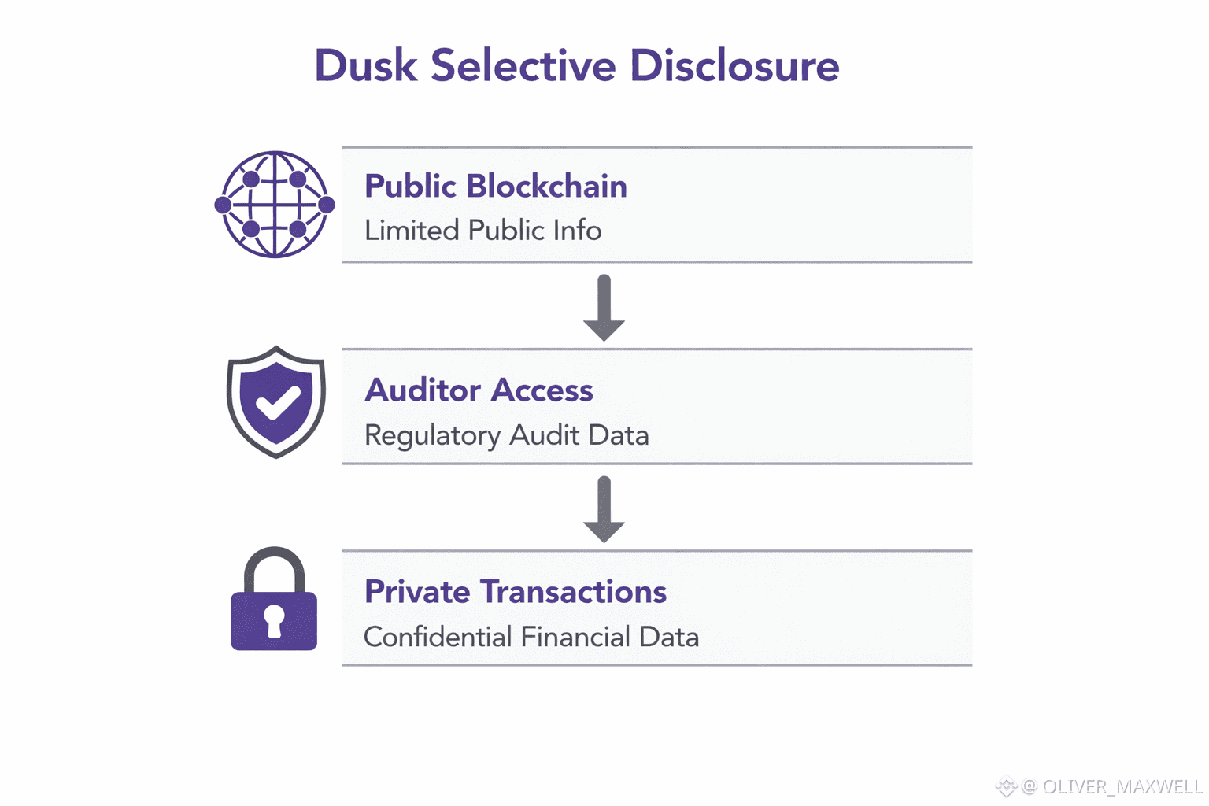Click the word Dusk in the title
coord(365,65)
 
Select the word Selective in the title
coord(523,65)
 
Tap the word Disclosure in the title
coord(734,65)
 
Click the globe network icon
coord(275,205)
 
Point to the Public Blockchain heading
coord(495,187)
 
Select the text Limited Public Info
coord(482,231)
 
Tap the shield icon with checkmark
coord(275,401)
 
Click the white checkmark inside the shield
coord(277,402)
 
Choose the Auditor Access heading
coord(479,390)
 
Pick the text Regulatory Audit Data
coord(506,435)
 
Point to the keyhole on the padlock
coord(274,620)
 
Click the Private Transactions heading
coord(515,592)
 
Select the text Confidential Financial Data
coord(531,637)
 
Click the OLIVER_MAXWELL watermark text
coord(1122,786)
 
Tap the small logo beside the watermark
coord(1006,786)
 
